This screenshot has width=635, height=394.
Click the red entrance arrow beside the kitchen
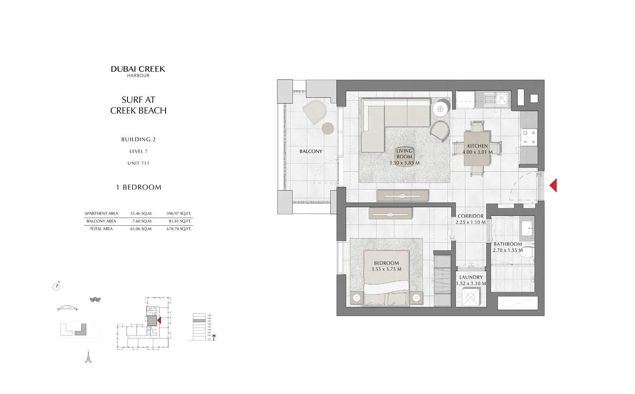pos(553,185)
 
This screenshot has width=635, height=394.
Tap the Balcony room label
pos(311,151)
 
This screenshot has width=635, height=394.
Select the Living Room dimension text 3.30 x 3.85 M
pos(404,163)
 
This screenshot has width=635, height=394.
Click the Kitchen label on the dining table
pos(478,146)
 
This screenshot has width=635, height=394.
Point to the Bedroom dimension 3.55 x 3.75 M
pos(386,269)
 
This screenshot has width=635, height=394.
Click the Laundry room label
pos(471,277)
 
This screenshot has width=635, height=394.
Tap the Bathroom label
pos(508,244)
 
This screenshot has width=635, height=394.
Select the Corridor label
pos(470,216)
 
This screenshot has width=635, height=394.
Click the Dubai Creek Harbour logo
pos(138,71)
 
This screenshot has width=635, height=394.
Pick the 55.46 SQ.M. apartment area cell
pos(141,214)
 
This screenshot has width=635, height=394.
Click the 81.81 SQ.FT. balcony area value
pos(179,221)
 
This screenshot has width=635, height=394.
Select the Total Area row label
pos(101,229)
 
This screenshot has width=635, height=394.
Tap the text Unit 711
pos(138,163)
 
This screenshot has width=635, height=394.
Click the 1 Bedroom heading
pos(139,187)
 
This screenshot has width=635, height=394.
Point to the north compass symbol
pos(57,286)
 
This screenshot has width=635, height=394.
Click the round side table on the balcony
pos(327,128)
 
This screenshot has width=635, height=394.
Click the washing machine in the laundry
pos(471,297)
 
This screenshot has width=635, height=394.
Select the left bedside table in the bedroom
pos(357,298)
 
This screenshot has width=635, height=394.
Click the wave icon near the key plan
pos(95,300)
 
